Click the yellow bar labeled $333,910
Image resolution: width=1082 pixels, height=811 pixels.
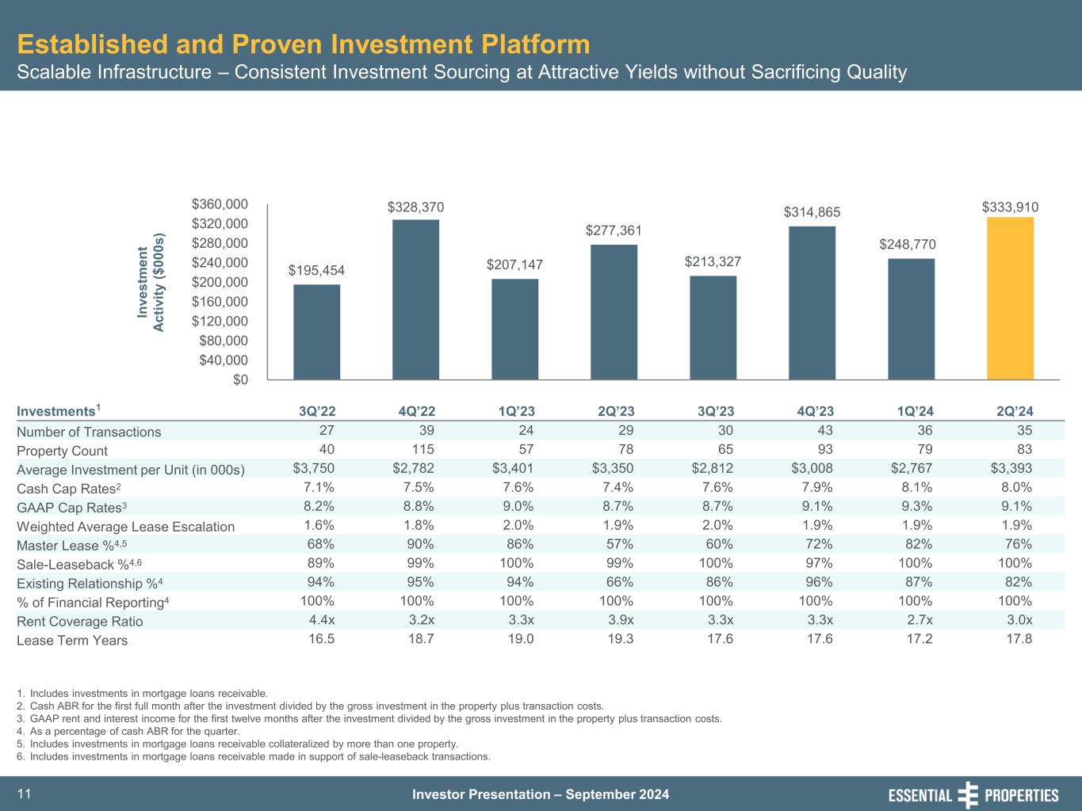pos(1010,299)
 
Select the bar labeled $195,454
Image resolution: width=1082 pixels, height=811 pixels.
pos(316,332)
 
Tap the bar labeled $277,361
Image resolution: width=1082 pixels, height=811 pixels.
pos(614,312)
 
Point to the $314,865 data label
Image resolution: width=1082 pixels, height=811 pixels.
pos(812,212)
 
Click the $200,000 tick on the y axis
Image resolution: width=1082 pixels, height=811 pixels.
pos(220,282)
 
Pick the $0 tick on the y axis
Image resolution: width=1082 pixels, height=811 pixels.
pos(239,380)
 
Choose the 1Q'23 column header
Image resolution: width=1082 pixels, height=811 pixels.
pos(516,411)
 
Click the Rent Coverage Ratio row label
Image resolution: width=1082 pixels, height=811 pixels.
pos(80,622)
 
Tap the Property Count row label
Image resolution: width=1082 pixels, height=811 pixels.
pos(62,451)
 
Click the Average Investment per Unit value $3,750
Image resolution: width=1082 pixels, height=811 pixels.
pos(314,469)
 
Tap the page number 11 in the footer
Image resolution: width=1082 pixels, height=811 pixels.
pos(23,794)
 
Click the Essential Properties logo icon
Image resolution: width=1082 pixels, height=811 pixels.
pos(968,795)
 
